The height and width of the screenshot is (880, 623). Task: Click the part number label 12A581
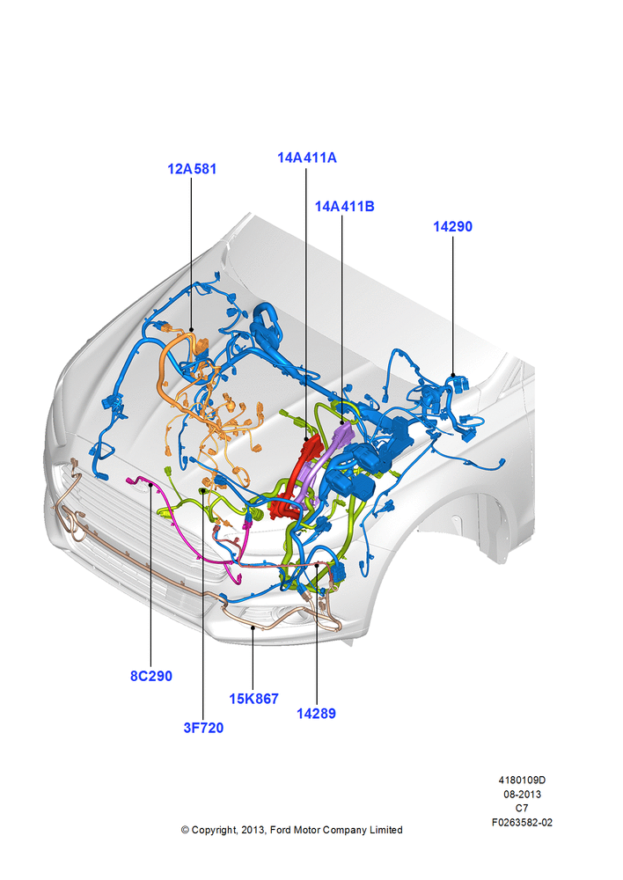[192, 169]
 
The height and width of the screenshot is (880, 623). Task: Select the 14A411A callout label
[307, 158]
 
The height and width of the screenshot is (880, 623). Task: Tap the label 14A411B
[344, 207]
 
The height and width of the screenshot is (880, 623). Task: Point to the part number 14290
[452, 227]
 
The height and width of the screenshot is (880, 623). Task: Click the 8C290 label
[151, 676]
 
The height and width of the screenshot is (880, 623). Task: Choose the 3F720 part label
[203, 728]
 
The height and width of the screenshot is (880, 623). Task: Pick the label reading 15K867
[253, 699]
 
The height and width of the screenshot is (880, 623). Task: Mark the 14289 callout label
[316, 714]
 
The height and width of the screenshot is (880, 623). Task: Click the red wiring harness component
[297, 477]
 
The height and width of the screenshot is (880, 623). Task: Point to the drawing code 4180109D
[522, 780]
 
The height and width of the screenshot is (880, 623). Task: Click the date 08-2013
[522, 794]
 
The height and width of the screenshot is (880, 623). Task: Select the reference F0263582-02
[522, 822]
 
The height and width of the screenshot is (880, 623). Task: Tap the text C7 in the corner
[522, 808]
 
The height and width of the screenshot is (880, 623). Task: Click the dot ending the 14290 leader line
[453, 375]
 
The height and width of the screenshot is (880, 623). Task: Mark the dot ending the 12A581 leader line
[192, 330]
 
